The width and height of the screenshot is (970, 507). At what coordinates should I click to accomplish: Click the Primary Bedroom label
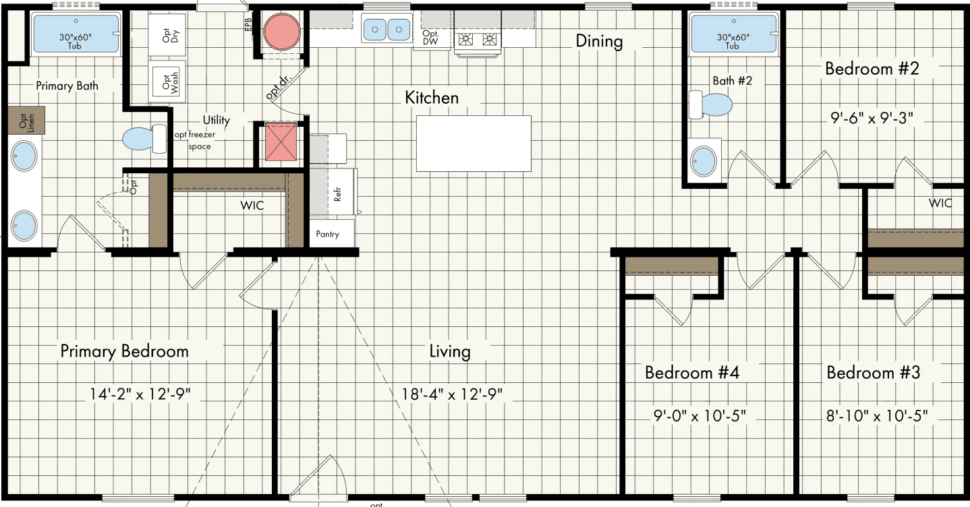124,351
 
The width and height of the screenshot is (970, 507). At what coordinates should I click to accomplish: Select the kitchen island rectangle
474,143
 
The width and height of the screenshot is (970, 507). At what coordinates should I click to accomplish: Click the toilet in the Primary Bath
144,138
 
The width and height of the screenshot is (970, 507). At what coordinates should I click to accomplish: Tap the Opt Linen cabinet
26,120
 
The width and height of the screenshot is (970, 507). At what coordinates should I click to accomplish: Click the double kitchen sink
387,29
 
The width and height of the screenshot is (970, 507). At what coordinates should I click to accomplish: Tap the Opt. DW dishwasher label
431,38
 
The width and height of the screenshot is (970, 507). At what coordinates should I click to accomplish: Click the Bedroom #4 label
691,372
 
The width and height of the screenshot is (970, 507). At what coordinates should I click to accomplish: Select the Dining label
598,41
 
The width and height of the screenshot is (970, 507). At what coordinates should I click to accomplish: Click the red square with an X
280,142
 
